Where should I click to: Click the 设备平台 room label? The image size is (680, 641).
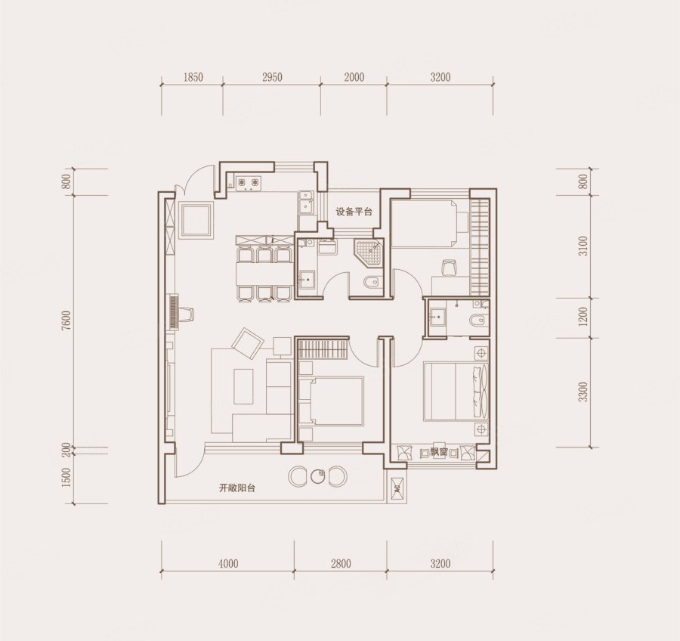(354, 212)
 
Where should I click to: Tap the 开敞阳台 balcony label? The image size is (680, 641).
(236, 488)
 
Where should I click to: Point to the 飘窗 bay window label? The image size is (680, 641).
(439, 452)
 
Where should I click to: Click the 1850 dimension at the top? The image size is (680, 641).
(193, 77)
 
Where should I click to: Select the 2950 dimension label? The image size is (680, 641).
(272, 77)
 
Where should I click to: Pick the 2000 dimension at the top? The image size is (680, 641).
(354, 77)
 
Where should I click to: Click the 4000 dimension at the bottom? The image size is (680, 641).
(228, 563)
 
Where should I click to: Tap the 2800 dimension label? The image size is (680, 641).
(341, 563)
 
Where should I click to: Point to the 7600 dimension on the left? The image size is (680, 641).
(66, 320)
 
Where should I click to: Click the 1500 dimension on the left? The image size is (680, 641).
(66, 478)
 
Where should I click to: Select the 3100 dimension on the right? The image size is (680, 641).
(584, 246)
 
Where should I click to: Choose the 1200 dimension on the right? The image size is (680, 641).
(584, 317)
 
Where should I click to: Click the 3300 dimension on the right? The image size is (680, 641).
(584, 392)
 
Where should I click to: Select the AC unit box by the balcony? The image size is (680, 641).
(397, 488)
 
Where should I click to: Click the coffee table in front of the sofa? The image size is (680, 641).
(243, 386)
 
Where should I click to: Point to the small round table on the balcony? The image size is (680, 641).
(318, 476)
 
